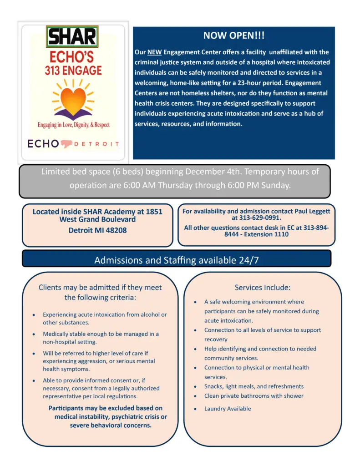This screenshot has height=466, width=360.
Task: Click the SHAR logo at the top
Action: coord(72,37)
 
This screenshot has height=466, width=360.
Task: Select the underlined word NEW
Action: coord(154,52)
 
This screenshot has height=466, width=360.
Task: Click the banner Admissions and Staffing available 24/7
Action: coord(177,260)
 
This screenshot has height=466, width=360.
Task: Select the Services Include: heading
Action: coord(262,288)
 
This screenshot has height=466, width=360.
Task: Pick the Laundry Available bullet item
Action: coord(228,409)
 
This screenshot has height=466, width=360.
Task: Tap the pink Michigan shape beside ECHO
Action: coord(69,143)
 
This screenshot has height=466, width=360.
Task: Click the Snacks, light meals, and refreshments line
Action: coord(254,386)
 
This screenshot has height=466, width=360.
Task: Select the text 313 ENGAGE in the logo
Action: coord(73,71)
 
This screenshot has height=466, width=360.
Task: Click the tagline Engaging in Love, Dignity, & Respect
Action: coord(73,125)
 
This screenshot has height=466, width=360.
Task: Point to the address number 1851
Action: coord(153,212)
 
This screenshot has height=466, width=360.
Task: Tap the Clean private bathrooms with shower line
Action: coord(254,396)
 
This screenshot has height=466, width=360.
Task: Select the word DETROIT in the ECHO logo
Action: coord(97,144)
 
